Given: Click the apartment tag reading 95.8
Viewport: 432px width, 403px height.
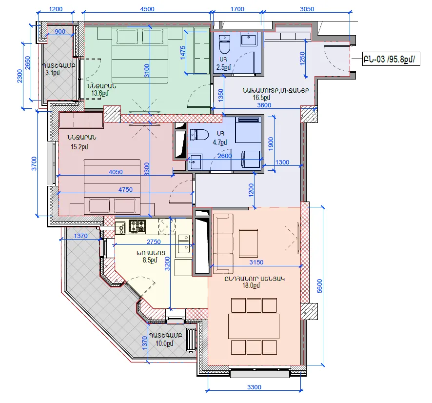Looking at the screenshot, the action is coord(391,59).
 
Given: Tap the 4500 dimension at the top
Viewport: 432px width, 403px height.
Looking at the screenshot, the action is coord(147,9).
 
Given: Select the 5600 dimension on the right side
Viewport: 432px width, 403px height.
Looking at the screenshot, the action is coord(319,286).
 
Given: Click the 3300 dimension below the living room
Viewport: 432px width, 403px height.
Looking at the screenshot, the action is coord(254,387).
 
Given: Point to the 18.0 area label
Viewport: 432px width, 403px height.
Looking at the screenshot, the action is coord(251,285).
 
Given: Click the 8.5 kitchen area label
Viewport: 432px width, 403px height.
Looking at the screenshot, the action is coord(150,260).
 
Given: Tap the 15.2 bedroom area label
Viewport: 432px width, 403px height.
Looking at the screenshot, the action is coord(79,147).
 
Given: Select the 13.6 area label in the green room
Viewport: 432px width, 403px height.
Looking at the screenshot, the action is coord(100,93).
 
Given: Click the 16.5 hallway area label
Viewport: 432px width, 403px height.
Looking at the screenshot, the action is coord(261,98).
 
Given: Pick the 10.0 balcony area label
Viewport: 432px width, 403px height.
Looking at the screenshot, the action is coord(164,343).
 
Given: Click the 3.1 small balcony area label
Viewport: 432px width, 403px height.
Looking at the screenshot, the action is coord(52,73).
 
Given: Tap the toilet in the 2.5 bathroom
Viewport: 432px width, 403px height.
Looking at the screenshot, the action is coord(224,44).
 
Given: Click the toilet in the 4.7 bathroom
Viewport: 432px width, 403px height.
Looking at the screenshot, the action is coord(199,135).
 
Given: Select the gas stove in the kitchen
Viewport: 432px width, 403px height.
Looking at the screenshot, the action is coord(137,226).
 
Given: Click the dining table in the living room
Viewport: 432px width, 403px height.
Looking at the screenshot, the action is coord(254,326).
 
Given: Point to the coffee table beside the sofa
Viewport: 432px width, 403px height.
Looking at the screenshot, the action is coord(248,243).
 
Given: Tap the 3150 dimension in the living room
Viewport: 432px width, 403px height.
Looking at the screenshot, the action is coord(256,262).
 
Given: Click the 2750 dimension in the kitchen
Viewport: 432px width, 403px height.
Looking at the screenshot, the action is coord(154,242).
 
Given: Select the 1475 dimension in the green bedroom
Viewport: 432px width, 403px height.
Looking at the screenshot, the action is coord(182,52).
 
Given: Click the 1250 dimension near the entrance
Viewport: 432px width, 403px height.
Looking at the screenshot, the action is coord(302,59).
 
